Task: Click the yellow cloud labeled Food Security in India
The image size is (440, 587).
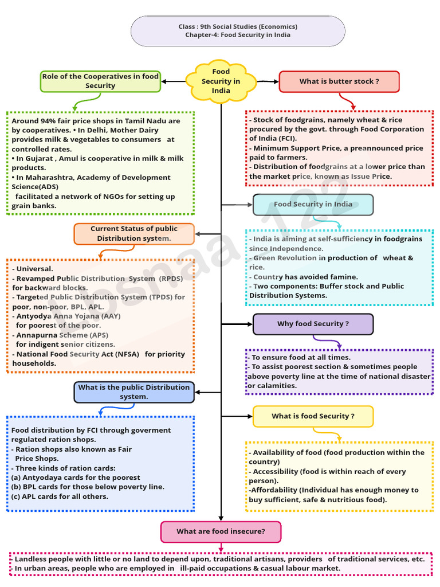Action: [221, 81]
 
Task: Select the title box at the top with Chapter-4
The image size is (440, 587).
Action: [238, 31]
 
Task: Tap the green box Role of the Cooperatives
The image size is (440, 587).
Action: [100, 81]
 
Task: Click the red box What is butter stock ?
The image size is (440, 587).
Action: [339, 81]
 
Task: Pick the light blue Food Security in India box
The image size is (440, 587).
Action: [313, 205]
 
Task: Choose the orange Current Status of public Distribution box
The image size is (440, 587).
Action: [133, 233]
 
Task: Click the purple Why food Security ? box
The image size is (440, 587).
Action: [313, 324]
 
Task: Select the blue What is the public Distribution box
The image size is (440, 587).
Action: [133, 392]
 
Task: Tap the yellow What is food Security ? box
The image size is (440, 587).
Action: [313, 416]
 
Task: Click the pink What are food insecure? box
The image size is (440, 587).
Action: [221, 531]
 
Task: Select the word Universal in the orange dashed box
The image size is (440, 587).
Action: [34, 269]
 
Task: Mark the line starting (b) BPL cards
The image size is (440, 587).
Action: [88, 487]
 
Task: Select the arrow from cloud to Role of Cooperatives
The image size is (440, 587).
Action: [172, 81]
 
